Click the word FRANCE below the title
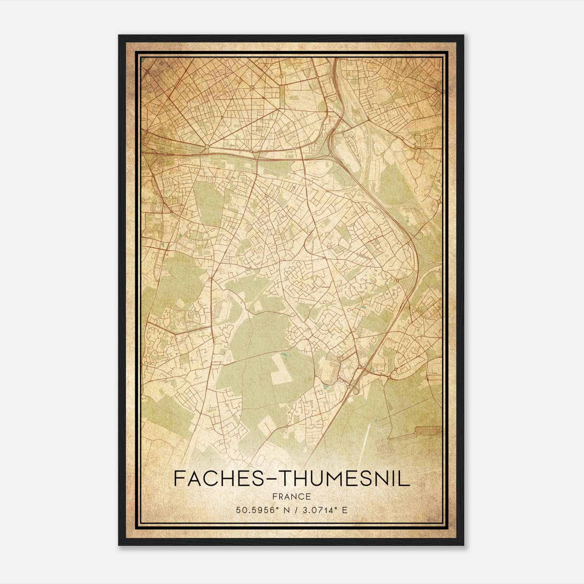[292, 496]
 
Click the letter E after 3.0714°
[345, 510]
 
